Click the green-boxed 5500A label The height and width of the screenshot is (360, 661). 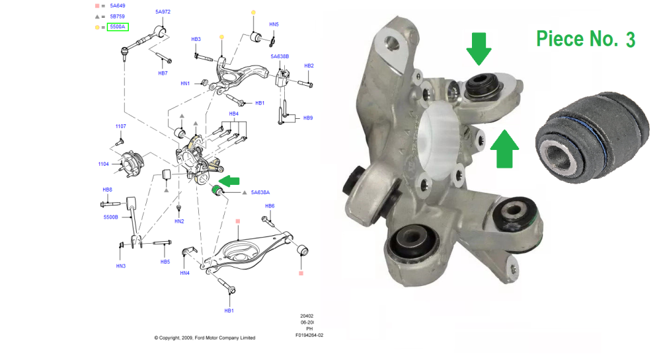tap(118, 27)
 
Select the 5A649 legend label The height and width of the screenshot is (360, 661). tap(118, 6)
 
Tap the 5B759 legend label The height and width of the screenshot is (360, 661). tap(118, 17)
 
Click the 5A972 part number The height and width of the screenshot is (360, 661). tap(163, 12)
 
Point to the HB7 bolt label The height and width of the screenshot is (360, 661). tap(163, 73)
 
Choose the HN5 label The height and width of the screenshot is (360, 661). tap(274, 24)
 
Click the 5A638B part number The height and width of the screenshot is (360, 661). tap(280, 56)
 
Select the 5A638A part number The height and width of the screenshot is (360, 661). tap(260, 192)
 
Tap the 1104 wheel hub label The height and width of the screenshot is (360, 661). tap(103, 164)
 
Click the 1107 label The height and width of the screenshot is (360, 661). tap(120, 126)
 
